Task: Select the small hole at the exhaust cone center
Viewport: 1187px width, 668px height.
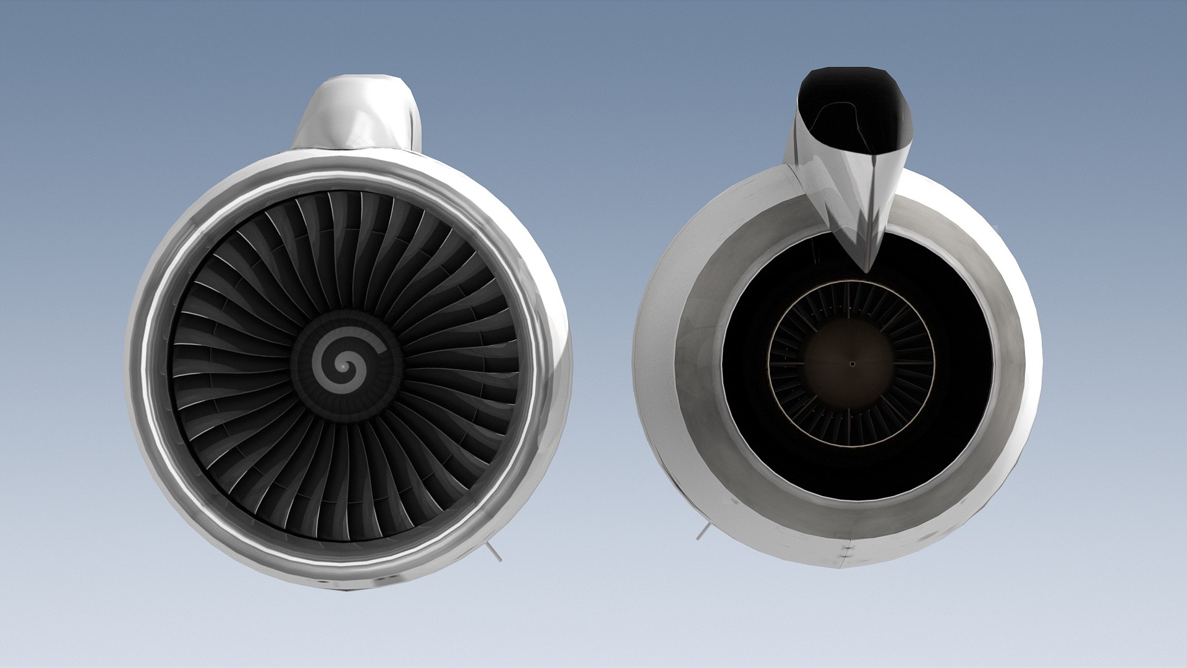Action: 851,364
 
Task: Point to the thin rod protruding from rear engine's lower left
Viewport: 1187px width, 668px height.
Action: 701,532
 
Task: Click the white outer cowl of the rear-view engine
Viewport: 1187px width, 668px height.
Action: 655,371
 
